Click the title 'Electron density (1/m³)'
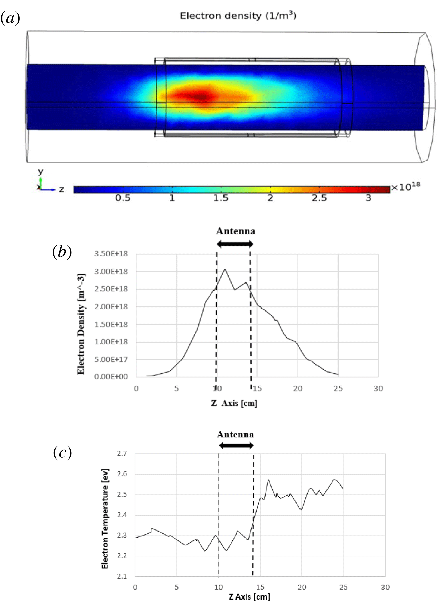[238, 16]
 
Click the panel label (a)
[10, 19]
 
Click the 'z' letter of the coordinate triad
[62, 189]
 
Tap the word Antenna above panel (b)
[235, 231]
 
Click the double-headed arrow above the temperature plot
[236, 446]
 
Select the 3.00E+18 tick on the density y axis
[111, 272]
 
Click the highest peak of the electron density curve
[225, 269]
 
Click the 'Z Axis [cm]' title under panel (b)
[234, 403]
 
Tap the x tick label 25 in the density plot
[338, 389]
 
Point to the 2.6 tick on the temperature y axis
[122, 474]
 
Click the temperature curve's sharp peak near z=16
[268, 480]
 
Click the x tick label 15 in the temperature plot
[260, 587]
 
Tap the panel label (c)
[62, 452]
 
